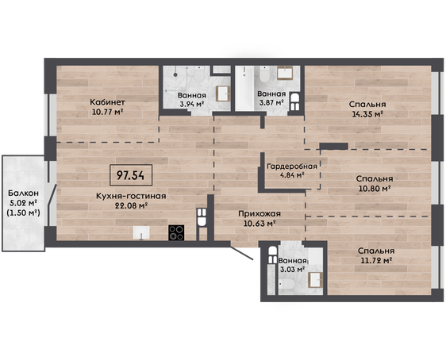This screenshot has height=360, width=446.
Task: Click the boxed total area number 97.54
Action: (131, 175)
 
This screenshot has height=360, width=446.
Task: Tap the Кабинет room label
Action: (107, 102)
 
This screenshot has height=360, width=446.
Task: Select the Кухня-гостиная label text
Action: (131, 196)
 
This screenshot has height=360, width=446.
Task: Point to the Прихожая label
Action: (260, 213)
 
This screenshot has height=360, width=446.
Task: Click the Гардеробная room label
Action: (292, 167)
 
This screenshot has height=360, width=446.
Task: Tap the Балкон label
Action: (23, 193)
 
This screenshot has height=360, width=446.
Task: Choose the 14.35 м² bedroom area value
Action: (367, 114)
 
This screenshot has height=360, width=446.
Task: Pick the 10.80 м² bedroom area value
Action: (374, 189)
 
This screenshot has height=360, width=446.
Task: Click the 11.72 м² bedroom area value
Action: (377, 260)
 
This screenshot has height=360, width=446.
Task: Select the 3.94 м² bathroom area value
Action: (192, 104)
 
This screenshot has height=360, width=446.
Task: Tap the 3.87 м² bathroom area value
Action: (271, 102)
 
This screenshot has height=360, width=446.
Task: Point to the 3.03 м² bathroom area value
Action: (293, 269)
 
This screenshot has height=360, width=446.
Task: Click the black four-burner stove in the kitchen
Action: (176, 232)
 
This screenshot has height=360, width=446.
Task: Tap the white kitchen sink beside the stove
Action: (141, 232)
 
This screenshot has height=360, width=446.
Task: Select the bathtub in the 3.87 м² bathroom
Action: (244, 88)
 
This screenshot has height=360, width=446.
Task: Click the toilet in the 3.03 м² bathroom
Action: (287, 284)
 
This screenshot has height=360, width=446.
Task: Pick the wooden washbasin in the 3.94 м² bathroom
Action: (223, 94)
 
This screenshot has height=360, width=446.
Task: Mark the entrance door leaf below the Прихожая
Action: (241, 253)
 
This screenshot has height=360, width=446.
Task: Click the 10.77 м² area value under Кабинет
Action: (107, 112)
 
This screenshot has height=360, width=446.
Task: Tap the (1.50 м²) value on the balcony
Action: (23, 213)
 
